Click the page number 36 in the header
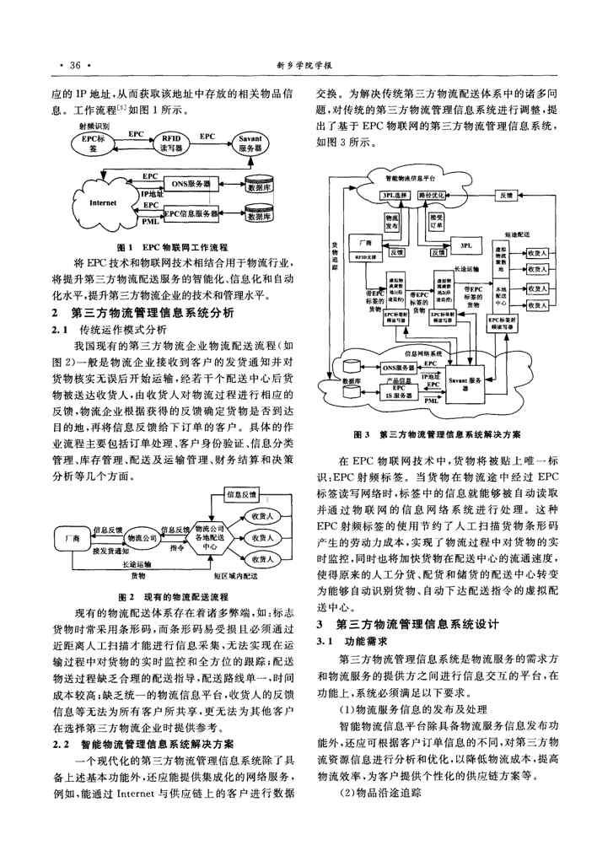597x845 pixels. point(73,64)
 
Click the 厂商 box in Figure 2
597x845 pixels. point(71,536)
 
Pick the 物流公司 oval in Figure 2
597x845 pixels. point(142,536)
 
